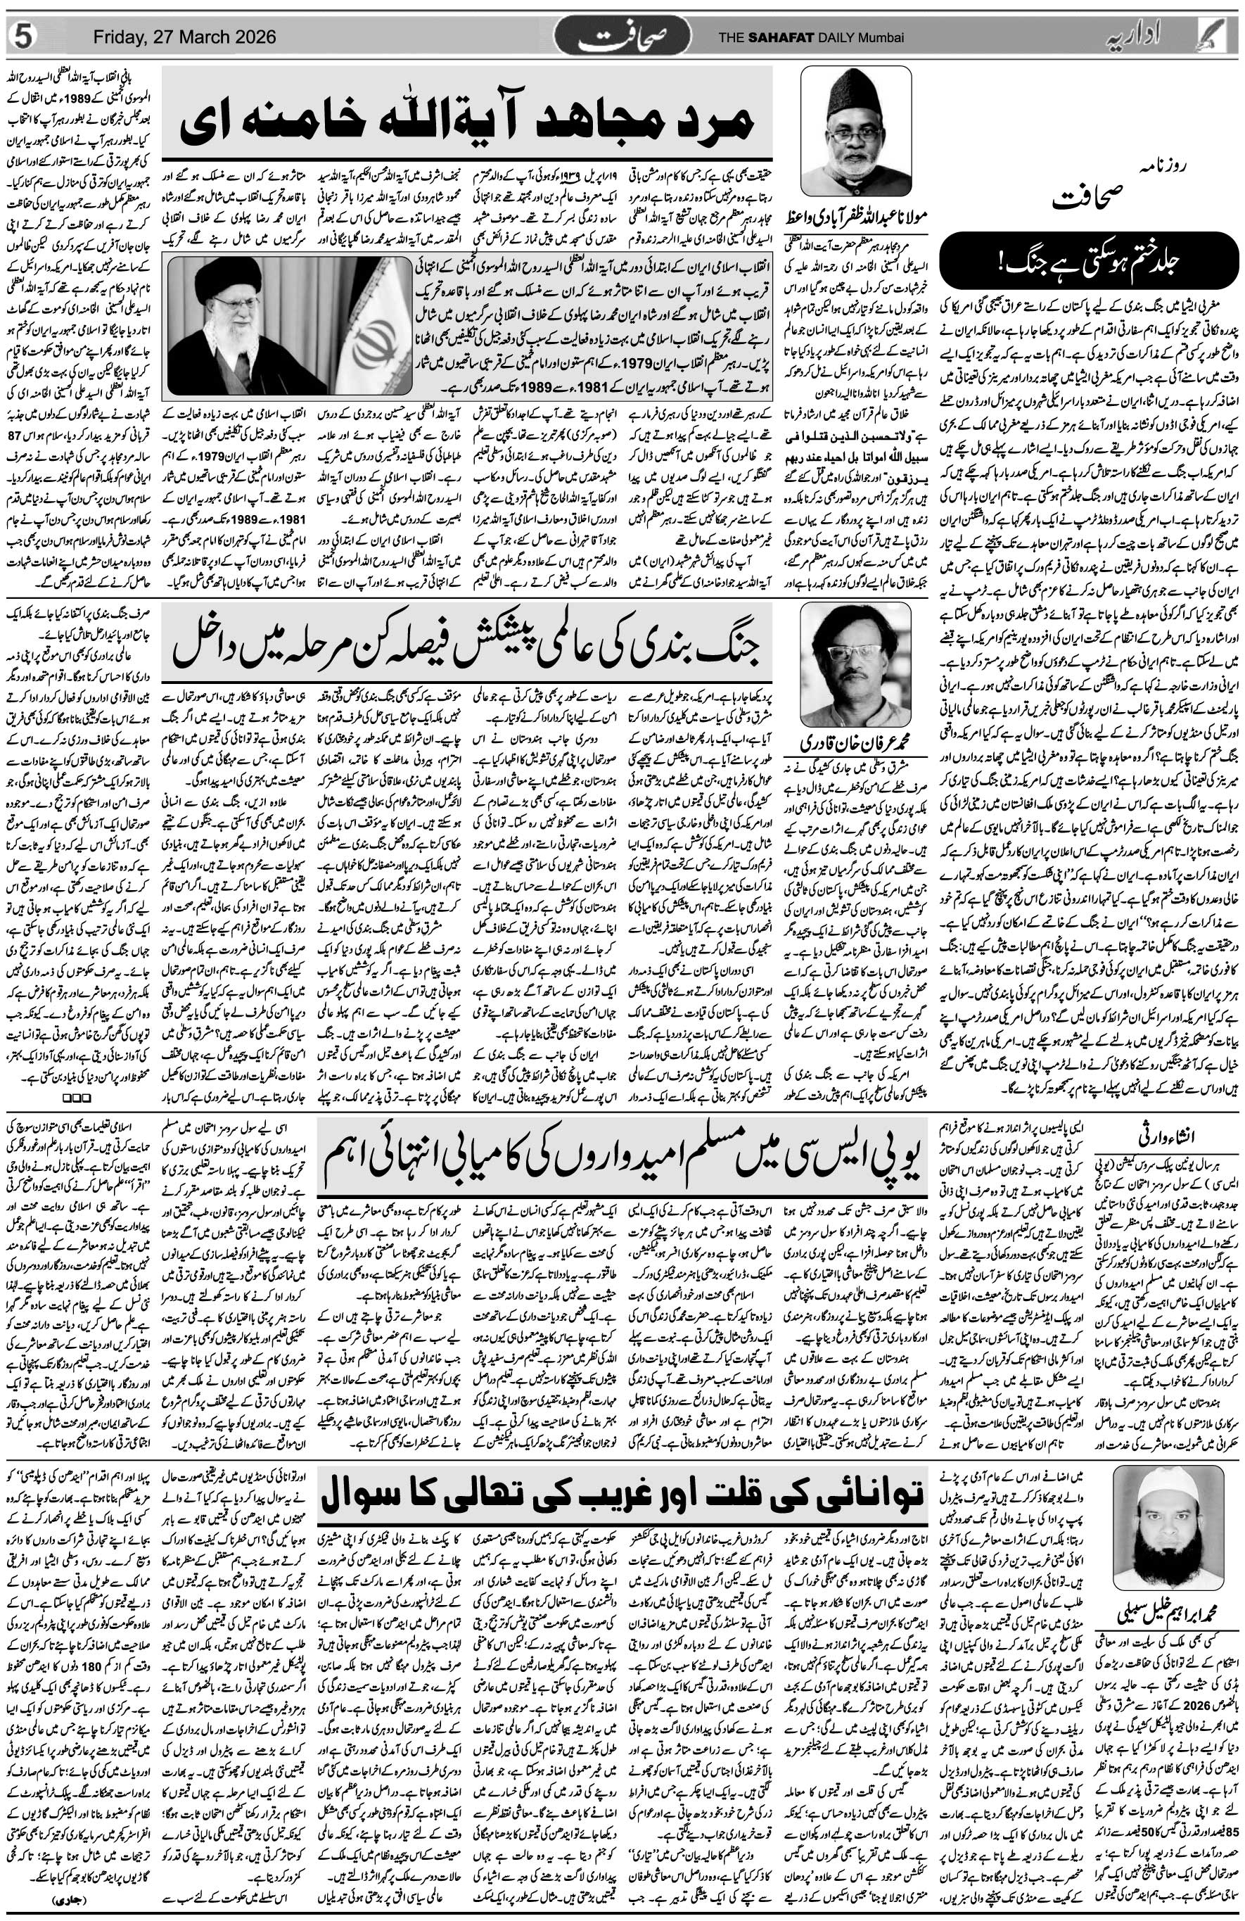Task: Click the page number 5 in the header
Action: coord(23,37)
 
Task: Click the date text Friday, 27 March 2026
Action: coord(184,37)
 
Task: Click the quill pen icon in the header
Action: coord(1222,37)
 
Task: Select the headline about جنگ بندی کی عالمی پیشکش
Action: coord(467,637)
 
